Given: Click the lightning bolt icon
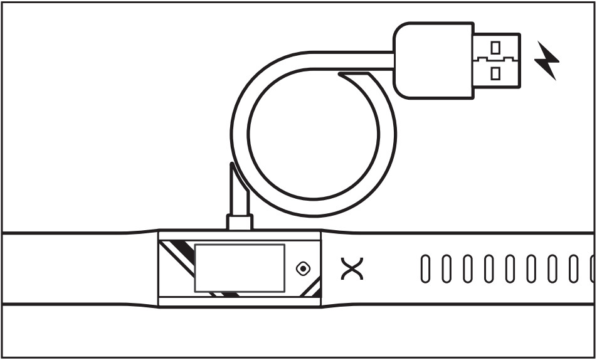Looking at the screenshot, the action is point(547,61).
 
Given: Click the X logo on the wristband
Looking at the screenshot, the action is point(352,268).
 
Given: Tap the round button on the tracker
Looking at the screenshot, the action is point(304,269).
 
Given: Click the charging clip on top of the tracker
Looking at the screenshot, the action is point(240,222).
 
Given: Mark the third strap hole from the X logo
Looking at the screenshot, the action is point(468,269).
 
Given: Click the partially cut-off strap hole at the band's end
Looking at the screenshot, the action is point(591,269).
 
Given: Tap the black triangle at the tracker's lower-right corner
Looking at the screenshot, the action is point(317,292).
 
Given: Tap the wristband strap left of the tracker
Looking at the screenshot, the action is point(75,268).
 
